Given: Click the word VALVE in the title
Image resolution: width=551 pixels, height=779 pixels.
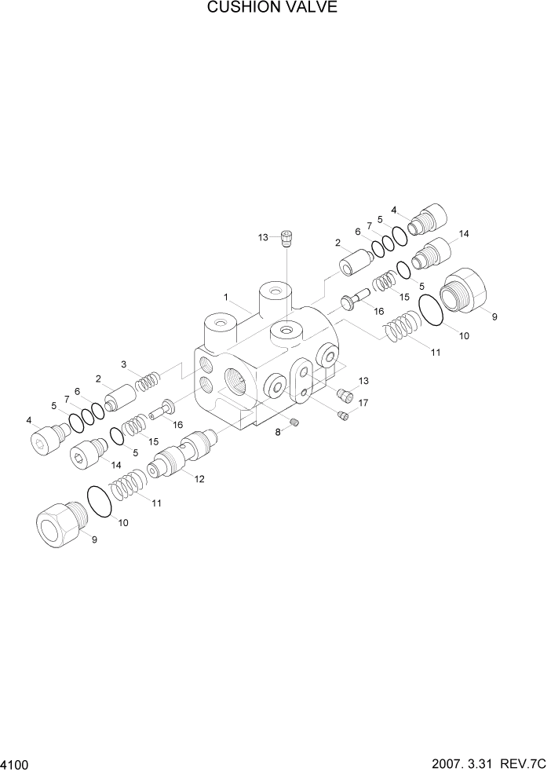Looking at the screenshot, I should (x=311, y=9).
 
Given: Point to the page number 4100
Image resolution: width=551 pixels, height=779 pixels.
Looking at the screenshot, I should (x=16, y=764).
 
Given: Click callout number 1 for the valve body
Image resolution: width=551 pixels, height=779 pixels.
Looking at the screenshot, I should (x=225, y=298).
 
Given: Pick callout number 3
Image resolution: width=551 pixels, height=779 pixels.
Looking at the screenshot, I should (x=124, y=364).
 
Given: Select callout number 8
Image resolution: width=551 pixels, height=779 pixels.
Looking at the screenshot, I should (x=279, y=432).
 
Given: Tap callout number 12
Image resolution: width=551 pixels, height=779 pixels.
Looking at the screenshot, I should (x=199, y=479).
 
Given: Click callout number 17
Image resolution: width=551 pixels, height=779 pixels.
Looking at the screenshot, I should (x=362, y=404).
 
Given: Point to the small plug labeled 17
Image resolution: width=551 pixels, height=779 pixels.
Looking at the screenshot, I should (x=341, y=415).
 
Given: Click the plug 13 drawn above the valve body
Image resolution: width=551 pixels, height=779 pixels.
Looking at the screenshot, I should (x=286, y=236).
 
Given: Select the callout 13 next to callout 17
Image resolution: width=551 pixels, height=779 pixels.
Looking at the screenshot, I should (x=362, y=381).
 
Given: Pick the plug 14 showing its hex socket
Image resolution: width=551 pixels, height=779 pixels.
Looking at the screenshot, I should (x=86, y=455).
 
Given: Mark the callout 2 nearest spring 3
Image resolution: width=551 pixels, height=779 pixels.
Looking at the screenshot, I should (x=99, y=379).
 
